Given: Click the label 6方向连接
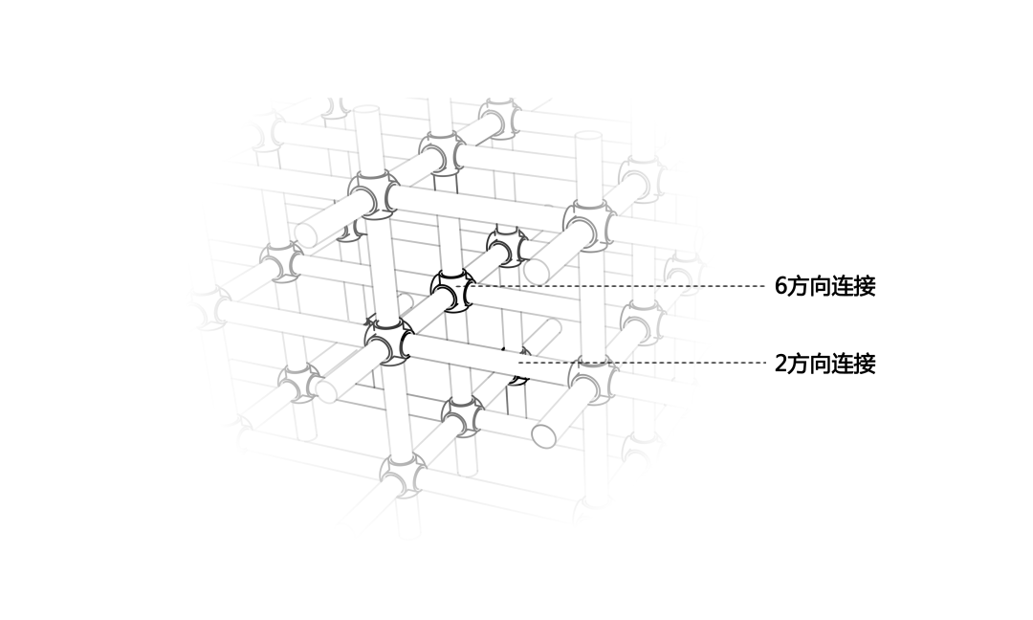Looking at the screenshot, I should tap(824, 286).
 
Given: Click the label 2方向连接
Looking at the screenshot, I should tap(824, 364).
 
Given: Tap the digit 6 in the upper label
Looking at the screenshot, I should tap(780, 286).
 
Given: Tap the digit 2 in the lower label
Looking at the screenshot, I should tap(780, 364).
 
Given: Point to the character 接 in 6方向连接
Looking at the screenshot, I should tap(864, 286).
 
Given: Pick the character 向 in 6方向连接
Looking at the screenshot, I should tap(820, 286).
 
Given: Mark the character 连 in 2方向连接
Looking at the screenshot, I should tap(842, 364).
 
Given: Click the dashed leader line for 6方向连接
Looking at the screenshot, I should tap(622, 286).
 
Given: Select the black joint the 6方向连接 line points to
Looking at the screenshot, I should tap(451, 290).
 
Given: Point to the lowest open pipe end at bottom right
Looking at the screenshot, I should tap(544, 433).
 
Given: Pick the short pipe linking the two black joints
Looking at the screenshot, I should tap(422, 317).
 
